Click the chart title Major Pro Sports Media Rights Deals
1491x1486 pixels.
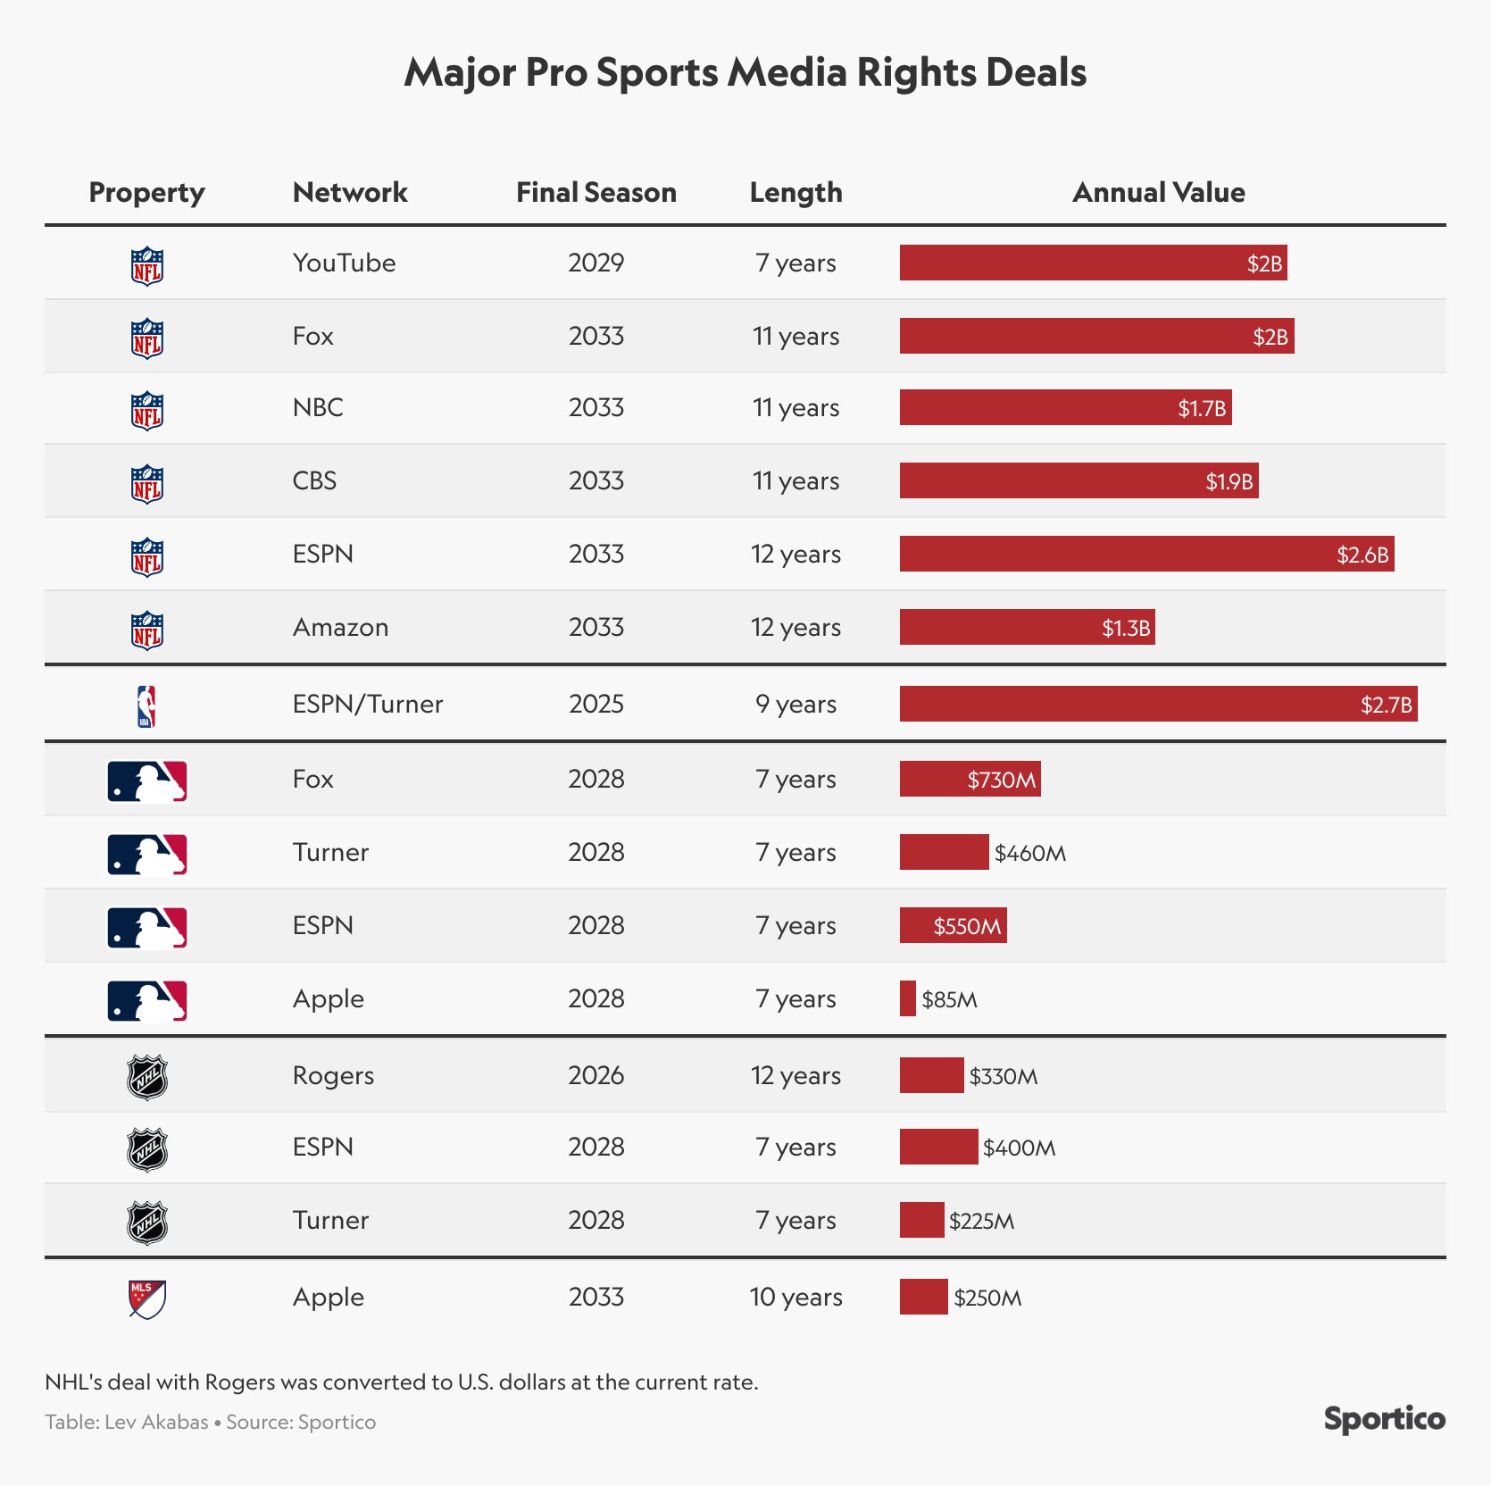745,72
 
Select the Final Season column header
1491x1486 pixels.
596,192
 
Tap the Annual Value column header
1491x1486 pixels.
1158,192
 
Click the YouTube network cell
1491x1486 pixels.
344,263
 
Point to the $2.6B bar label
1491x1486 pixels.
1362,555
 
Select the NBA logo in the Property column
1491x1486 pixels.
146,705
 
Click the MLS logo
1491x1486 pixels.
146,1298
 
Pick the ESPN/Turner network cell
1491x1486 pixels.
367,704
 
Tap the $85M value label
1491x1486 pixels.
949,999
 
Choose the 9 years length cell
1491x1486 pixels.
795,704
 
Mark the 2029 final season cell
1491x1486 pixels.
596,263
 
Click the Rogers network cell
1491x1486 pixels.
333,1075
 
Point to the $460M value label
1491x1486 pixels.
1030,853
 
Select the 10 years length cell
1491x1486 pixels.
795,1297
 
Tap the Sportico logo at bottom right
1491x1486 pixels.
1384,1418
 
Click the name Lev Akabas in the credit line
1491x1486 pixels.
156,1422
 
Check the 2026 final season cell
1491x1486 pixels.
596,1075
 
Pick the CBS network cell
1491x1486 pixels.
314,480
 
